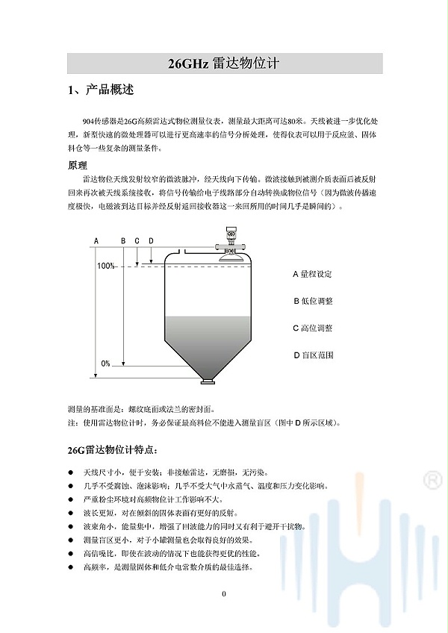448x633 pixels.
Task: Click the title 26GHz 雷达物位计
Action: [224, 63]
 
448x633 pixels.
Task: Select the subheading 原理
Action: [78, 165]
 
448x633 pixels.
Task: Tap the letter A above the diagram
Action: [96, 241]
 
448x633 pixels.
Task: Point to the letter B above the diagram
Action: [123, 241]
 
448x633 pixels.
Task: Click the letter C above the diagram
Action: [137, 241]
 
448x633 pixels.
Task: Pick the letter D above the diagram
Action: [151, 241]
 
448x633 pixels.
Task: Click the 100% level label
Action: [105, 266]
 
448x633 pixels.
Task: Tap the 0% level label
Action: [105, 364]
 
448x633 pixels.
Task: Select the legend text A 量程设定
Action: [312, 274]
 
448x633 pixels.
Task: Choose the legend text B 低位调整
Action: [312, 301]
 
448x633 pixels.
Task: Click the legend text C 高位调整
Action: [312, 328]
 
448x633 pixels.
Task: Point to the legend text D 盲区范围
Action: [312, 355]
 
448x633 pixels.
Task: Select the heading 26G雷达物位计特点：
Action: [113, 450]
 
